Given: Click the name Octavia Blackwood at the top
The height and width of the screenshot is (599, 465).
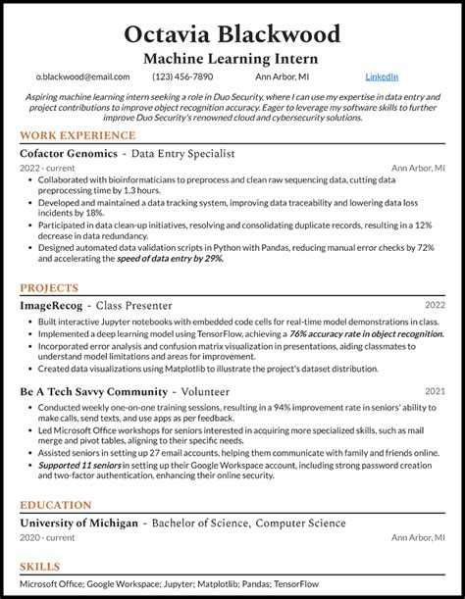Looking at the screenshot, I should click(232, 34).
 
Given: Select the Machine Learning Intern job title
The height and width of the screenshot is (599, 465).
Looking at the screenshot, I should click(232, 59).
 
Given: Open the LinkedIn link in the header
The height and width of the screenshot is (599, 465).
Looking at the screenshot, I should click(382, 76).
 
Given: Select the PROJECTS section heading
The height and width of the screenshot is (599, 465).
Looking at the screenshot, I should click(49, 288).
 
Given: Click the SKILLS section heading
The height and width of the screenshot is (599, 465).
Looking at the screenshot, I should click(39, 567).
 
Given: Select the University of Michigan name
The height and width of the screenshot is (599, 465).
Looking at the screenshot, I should click(78, 524).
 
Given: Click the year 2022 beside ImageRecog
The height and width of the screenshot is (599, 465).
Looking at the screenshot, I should click(435, 306).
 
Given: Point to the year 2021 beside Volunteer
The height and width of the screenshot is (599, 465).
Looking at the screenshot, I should click(435, 391).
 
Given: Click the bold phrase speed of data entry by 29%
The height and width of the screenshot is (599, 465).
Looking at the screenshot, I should click(172, 259).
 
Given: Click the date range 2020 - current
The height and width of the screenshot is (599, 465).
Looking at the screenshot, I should click(47, 537).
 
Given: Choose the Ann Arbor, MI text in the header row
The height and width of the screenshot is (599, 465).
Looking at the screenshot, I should click(283, 76).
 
